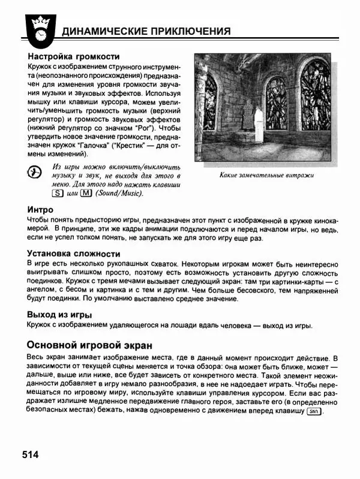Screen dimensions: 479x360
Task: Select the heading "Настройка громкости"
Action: pos(74,56)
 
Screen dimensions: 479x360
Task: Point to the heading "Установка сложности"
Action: pos(74,253)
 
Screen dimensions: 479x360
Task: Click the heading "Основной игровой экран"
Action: pos(89,345)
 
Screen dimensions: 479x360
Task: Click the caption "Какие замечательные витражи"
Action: pos(267,175)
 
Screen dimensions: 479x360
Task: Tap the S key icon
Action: pos(57,193)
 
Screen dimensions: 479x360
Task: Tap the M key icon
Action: pos(86,193)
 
